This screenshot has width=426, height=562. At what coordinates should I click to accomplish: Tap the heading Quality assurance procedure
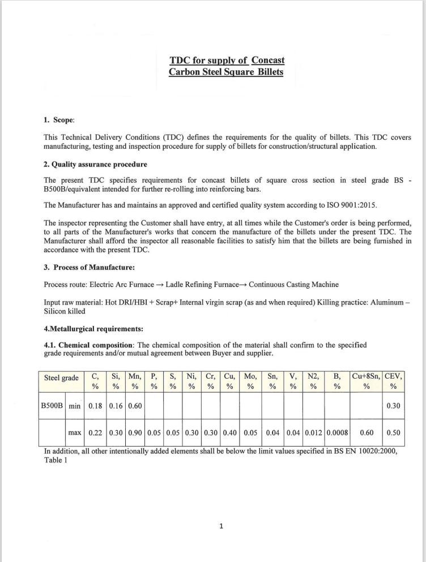[99, 164]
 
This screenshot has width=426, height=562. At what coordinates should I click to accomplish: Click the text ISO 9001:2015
[323, 205]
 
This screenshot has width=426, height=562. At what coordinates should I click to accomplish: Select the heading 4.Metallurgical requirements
[93, 328]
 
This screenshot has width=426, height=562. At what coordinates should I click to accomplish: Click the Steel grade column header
[61, 377]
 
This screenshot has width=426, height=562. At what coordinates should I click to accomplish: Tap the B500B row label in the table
[53, 406]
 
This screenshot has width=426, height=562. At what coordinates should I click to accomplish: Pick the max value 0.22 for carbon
[96, 433]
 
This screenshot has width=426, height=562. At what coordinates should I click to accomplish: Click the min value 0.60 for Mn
[135, 406]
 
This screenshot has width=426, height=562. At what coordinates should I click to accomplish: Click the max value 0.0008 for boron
[337, 433]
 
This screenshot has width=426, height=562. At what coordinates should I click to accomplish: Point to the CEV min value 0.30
[393, 406]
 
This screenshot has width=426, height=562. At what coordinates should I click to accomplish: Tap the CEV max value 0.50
[393, 433]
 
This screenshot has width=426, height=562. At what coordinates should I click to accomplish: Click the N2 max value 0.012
[314, 433]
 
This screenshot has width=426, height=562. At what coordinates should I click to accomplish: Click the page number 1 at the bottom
[221, 526]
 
